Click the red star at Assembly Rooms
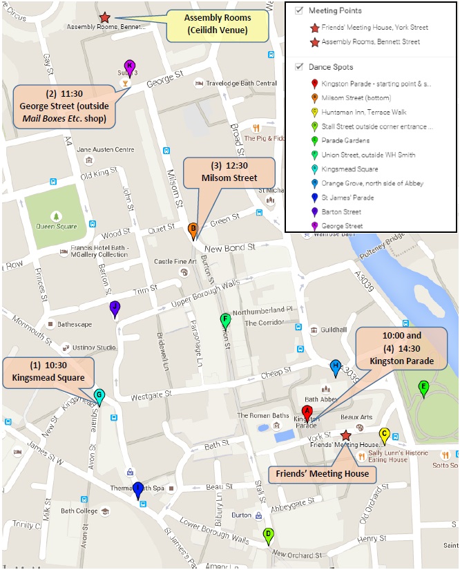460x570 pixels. (x=104, y=17)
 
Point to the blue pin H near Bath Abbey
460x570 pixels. (x=336, y=367)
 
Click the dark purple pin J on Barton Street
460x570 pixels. (x=115, y=309)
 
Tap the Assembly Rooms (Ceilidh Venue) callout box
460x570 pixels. (x=218, y=23)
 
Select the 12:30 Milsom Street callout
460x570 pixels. (x=229, y=173)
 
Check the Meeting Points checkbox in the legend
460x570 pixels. (x=299, y=11)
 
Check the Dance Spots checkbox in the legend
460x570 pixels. (x=299, y=67)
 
